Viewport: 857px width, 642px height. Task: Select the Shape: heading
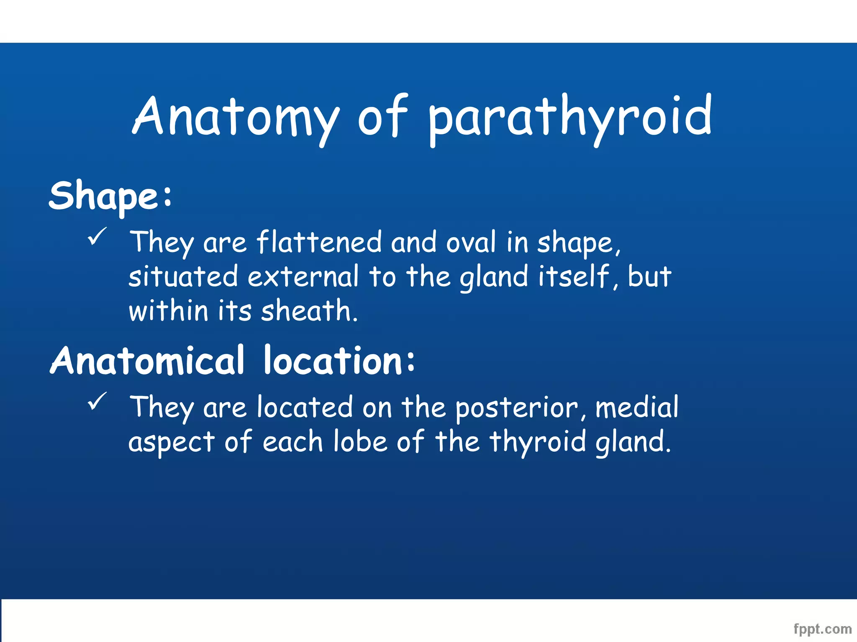pyautogui.click(x=110, y=196)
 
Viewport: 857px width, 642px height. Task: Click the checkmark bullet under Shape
pyautogui.click(x=98, y=237)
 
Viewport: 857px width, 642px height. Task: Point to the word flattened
pyautogui.click(x=319, y=242)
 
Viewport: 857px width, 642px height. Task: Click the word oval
pyautogui.click(x=471, y=242)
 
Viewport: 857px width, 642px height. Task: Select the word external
pyautogui.click(x=303, y=277)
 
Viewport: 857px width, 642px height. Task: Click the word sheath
pyautogui.click(x=309, y=311)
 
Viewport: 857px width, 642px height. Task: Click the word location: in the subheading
pyautogui.click(x=339, y=361)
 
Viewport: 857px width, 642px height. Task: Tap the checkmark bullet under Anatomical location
pyautogui.click(x=98, y=402)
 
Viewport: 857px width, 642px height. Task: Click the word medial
pyautogui.click(x=636, y=408)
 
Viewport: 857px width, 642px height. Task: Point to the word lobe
pyautogui.click(x=360, y=442)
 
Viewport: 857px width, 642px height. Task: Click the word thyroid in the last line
pyautogui.click(x=538, y=442)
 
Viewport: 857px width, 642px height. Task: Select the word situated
pyautogui.click(x=183, y=277)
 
